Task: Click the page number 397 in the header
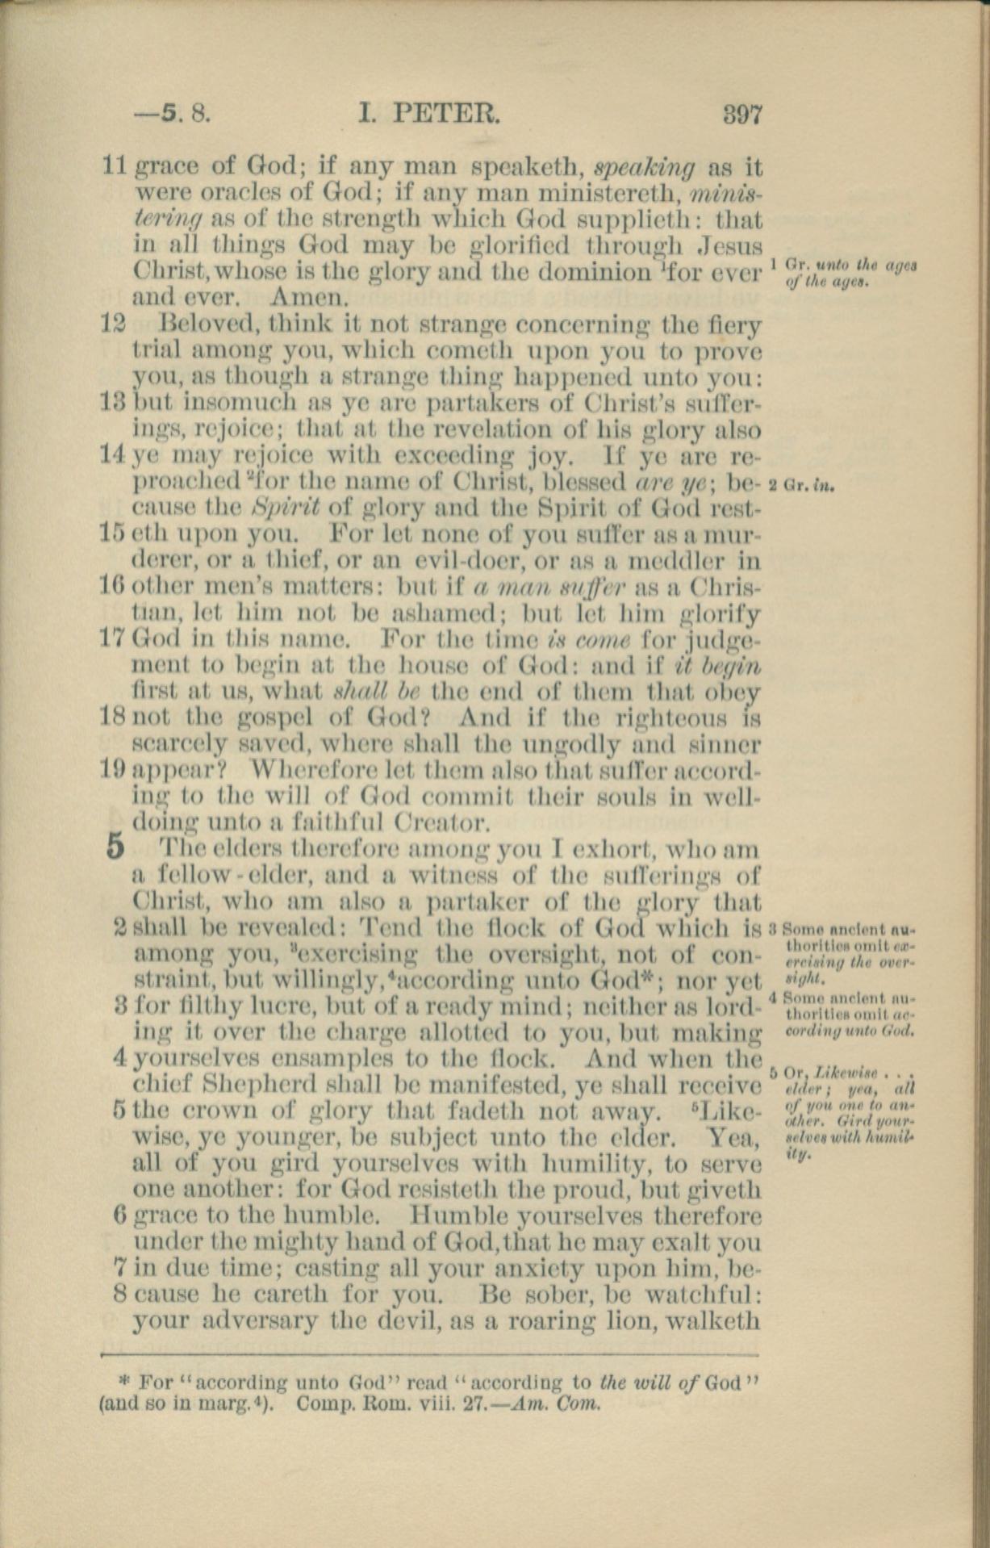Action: [x=742, y=114]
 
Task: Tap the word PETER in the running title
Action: [x=447, y=114]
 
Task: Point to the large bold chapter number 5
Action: [x=115, y=848]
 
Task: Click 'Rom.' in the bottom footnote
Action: [x=391, y=1403]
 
